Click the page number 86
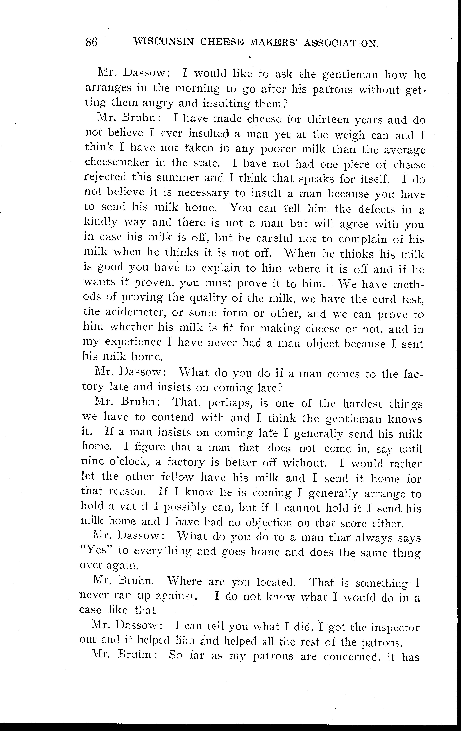pos(91,42)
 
